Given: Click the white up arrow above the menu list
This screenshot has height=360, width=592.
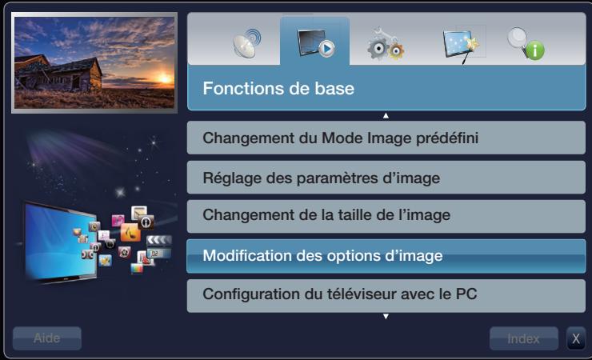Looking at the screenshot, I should [386, 117].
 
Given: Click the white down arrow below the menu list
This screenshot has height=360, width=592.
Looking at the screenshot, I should [386, 317].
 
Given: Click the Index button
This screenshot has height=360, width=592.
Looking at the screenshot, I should [524, 338].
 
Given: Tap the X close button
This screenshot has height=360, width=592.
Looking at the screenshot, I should [575, 338].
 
